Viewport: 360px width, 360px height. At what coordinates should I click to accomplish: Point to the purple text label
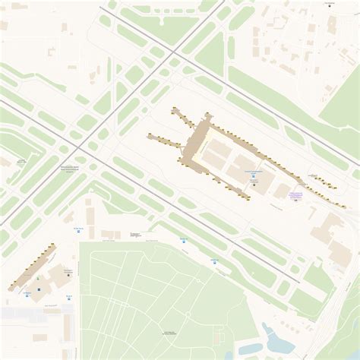tap(295, 195)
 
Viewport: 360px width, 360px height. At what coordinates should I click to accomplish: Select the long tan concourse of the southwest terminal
tap(30, 266)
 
